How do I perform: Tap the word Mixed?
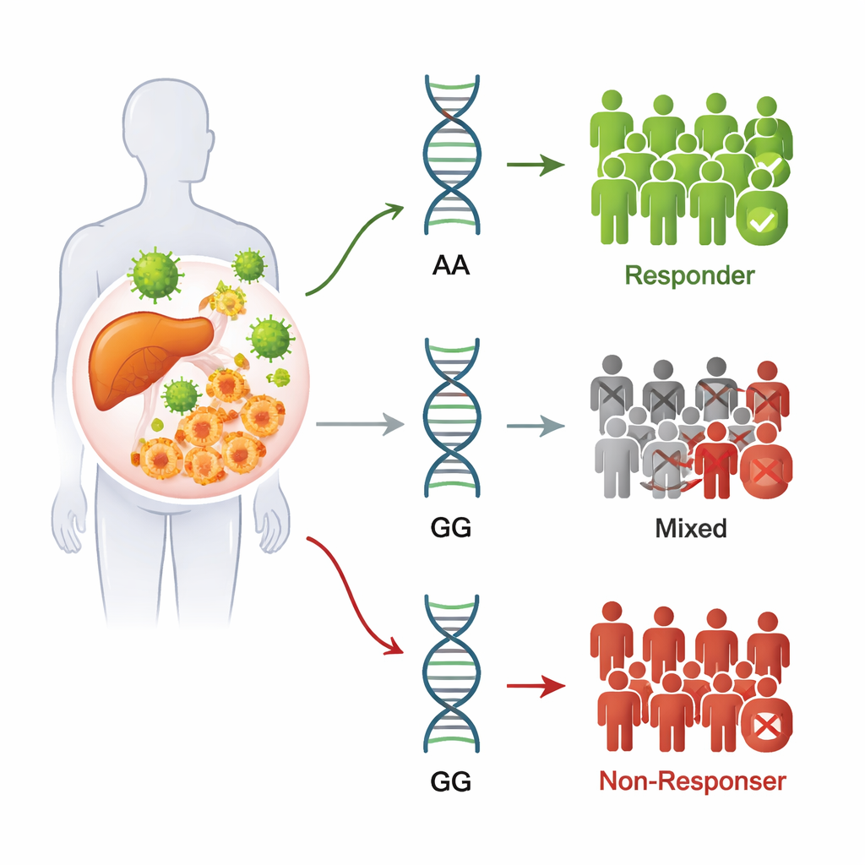click(x=690, y=529)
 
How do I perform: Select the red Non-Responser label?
click(x=692, y=781)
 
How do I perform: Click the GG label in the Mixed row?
click(x=451, y=529)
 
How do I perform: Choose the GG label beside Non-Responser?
click(x=451, y=781)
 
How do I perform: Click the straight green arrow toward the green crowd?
click(x=536, y=164)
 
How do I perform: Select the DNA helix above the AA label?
click(x=452, y=156)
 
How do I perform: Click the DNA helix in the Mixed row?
click(x=452, y=418)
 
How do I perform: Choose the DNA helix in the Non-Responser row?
click(x=452, y=676)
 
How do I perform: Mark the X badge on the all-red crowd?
click(x=764, y=725)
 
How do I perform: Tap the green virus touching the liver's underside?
click(x=180, y=395)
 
